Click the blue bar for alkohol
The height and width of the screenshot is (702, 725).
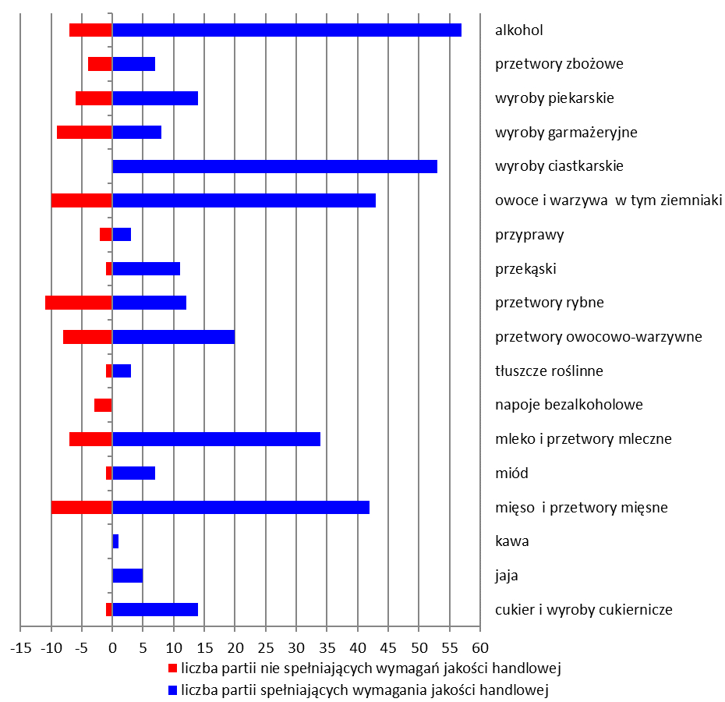tap(287, 30)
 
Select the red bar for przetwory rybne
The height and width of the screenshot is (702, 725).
tap(79, 303)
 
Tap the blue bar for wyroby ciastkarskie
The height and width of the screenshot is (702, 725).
tap(274, 166)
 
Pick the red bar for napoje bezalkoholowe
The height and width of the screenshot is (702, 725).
tap(103, 405)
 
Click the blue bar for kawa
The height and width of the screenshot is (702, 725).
tap(115, 541)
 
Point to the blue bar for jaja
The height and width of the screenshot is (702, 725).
tap(128, 576)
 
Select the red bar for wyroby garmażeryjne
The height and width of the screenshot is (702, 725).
tap(85, 132)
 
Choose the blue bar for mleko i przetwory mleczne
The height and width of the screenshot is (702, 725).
tap(216, 439)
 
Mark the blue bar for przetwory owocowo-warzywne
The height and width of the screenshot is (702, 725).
tap(173, 337)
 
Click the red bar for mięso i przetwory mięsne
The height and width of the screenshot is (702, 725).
tap(82, 507)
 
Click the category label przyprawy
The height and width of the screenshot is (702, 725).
tap(529, 235)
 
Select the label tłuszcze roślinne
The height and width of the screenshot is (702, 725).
tap(549, 371)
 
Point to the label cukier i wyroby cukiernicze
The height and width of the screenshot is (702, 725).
tap(583, 610)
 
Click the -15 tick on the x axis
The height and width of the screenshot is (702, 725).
tap(20, 648)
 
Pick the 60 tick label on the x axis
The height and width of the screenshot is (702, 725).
tap(480, 648)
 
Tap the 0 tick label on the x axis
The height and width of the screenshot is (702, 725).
tap(112, 648)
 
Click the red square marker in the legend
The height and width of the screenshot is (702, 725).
tap(173, 668)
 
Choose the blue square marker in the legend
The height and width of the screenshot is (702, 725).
tap(173, 690)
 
